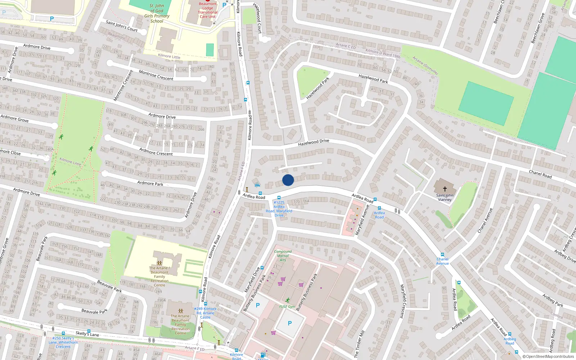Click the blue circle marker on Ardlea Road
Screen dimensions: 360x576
coord(288,180)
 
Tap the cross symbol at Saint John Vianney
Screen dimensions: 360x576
coord(445,189)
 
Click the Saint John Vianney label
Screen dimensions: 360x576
coord(445,198)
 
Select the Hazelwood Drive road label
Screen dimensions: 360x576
coord(314,143)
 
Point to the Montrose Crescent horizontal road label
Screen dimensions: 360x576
coord(156,75)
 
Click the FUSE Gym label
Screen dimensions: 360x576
coord(287,307)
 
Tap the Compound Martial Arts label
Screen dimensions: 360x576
coord(283,256)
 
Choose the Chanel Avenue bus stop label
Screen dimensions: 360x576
coord(442,261)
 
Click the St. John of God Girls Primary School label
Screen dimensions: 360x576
coord(157,13)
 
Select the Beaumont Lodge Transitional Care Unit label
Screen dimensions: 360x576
coord(208,10)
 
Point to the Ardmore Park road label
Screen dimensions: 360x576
coord(150,183)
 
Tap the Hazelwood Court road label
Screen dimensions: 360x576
coord(257,18)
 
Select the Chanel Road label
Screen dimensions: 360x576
coord(540,174)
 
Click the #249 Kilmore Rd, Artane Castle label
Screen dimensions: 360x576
coord(205,313)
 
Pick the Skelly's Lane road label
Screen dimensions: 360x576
coord(87,334)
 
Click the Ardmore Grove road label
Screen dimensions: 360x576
coord(14,118)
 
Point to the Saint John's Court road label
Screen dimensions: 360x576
coord(122,26)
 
